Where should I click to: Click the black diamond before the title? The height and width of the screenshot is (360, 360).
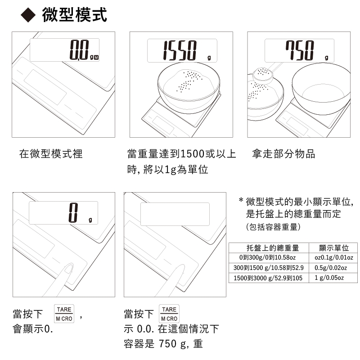[28, 15]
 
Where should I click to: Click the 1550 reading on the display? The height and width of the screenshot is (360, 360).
[180, 50]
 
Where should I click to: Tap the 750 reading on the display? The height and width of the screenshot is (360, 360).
[300, 50]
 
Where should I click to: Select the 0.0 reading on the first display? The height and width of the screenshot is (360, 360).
[79, 50]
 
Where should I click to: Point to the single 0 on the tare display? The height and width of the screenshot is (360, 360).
[73, 212]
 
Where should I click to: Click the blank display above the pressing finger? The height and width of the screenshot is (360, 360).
[175, 214]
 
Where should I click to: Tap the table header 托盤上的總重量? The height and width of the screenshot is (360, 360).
[273, 248]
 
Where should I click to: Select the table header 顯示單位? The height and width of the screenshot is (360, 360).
[334, 248]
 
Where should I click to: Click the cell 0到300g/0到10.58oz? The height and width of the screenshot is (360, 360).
[267, 257]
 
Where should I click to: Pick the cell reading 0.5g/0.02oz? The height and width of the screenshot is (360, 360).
[331, 268]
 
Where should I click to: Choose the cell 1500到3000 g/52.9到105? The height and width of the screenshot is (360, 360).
[268, 278]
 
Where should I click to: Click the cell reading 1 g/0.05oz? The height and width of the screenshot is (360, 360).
[329, 278]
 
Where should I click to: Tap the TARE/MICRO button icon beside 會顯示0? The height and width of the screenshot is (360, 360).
[64, 314]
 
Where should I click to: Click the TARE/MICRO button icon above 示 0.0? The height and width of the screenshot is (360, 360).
[169, 314]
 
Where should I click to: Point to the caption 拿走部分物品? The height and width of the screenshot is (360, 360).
[283, 153]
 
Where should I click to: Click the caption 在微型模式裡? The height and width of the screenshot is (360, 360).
[51, 153]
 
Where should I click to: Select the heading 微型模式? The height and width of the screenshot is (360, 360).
[74, 15]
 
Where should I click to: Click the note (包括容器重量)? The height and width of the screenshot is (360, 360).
[273, 227]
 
